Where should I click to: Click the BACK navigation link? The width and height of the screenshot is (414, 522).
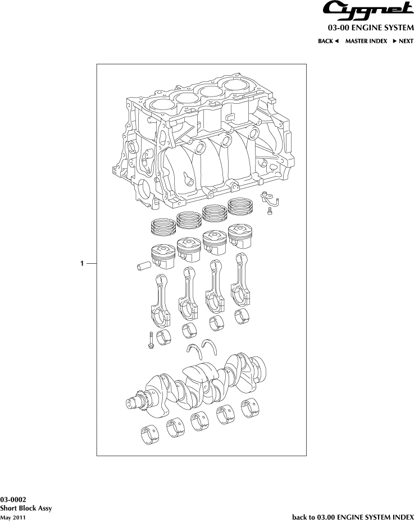[328, 41]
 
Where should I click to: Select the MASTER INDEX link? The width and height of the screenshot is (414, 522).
[366, 41]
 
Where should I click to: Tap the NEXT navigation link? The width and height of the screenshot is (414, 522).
[403, 41]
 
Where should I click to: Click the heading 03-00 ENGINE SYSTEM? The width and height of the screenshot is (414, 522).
[371, 27]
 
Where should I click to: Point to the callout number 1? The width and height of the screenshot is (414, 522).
[82, 263]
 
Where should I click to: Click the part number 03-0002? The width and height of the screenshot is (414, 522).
[13, 500]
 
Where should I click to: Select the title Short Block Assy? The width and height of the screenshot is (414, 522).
[26, 508]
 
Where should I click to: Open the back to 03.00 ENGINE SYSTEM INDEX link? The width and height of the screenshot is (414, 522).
[353, 516]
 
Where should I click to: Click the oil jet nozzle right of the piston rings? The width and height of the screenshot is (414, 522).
[269, 198]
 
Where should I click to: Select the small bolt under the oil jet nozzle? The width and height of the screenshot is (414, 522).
[269, 211]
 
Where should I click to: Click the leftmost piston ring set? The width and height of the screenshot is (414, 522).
[162, 227]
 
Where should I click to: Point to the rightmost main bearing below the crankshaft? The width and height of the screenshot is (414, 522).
[251, 408]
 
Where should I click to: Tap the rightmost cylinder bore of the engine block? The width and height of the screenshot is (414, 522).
[238, 87]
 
